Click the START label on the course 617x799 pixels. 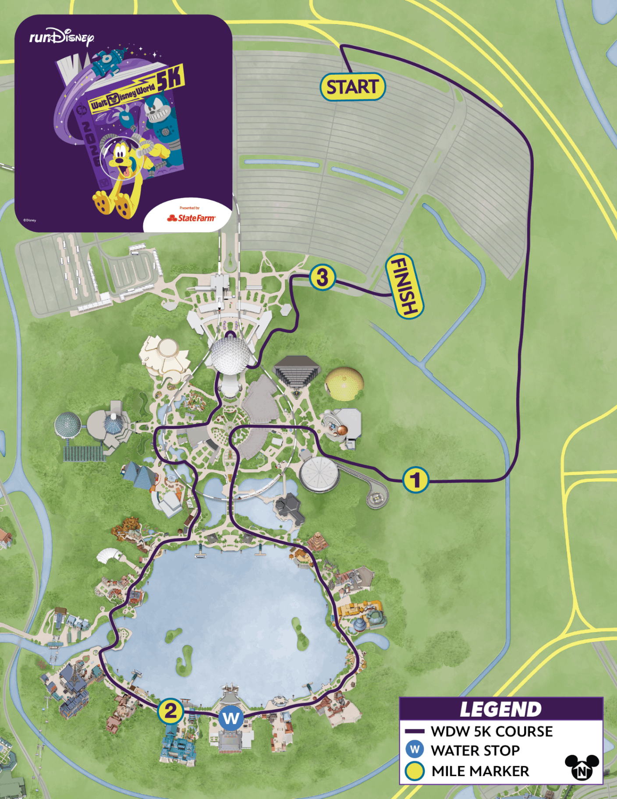(x=353, y=87)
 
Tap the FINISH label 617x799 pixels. (x=404, y=286)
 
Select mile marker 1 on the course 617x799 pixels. (x=415, y=480)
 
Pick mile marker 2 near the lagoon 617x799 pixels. (x=170, y=711)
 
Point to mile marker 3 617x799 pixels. (x=322, y=277)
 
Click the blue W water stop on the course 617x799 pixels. (x=231, y=718)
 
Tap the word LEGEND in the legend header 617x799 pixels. (x=500, y=709)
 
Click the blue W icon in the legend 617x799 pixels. (x=415, y=750)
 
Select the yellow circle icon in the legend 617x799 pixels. (x=415, y=771)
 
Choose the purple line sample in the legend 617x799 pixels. (x=415, y=731)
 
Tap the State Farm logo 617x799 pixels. (x=191, y=218)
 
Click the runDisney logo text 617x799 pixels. (x=61, y=37)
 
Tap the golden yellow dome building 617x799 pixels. (x=344, y=383)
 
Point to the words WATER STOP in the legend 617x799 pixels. (x=475, y=750)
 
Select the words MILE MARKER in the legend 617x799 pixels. (x=480, y=771)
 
